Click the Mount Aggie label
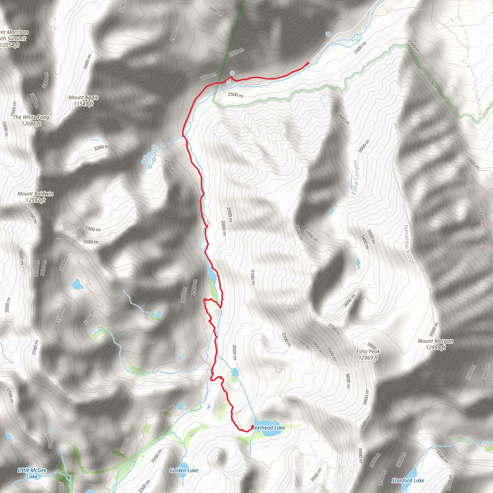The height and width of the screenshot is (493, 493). click(84, 97)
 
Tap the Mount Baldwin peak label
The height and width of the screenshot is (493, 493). click(35, 194)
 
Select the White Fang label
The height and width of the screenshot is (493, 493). click(31, 117)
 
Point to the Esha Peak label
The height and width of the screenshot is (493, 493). click(368, 351)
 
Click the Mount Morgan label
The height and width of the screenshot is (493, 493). click(435, 341)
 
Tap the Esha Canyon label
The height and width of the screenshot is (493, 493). click(355, 177)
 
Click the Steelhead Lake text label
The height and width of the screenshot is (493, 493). click(268, 428)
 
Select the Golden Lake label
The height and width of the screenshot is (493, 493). click(184, 470)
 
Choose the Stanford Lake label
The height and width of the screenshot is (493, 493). click(408, 480)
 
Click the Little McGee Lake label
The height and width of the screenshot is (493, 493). click(32, 473)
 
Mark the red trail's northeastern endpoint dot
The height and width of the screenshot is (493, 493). click(308, 63)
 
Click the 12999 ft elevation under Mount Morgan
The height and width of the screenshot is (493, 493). click(435, 347)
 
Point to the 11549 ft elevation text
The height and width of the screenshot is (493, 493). click(84, 104)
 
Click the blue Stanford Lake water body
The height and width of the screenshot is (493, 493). click(412, 472)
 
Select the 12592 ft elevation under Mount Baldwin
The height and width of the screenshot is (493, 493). click(35, 200)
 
